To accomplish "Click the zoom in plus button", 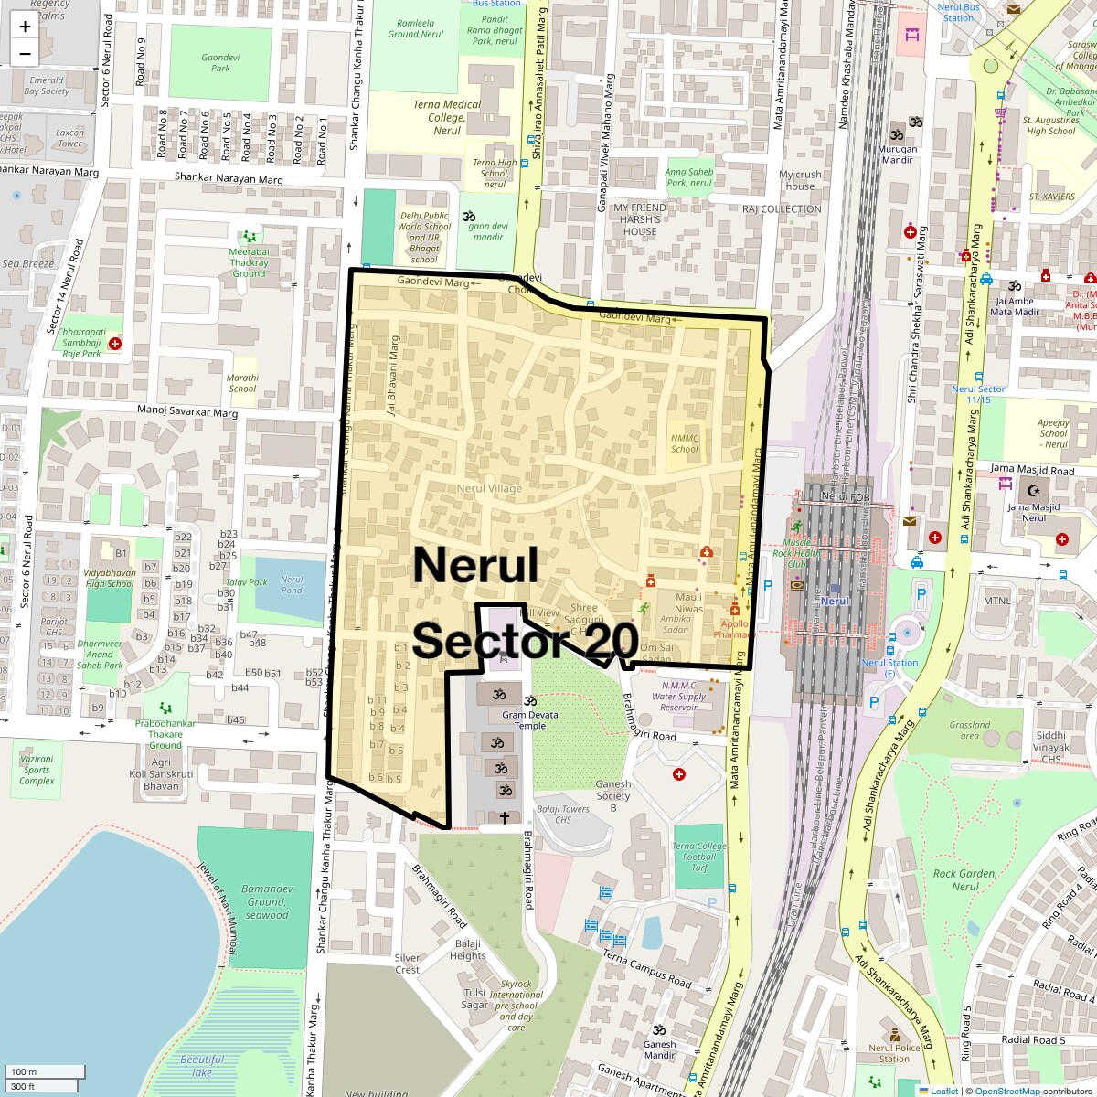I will pos(25,27).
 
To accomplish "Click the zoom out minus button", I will pos(25,54).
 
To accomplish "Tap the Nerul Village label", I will pos(489,488).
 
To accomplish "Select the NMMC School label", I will pos(684,443).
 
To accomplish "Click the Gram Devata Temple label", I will pos(530,720).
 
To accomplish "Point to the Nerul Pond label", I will pos(292,584).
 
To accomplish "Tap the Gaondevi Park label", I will pos(220,62).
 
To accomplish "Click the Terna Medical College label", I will pos(447,117).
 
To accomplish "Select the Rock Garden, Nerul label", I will pos(964,879).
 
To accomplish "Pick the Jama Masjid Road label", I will pos(1032,470).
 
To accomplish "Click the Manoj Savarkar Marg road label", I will pos(187,410).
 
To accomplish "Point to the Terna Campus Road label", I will pos(646,968).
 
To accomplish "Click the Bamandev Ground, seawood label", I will pos(267,901).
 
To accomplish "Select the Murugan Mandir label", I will pos(897,154).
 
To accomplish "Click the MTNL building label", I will pos(997,601).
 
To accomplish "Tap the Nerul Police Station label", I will pos(894,1053).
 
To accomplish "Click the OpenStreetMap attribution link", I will pos(1006,1091).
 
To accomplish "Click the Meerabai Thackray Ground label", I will pos(249,262).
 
